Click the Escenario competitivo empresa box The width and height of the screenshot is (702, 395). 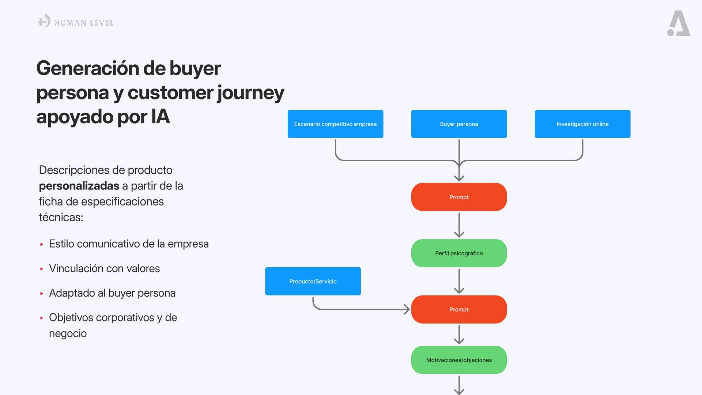click(335, 124)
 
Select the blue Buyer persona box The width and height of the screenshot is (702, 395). click(459, 124)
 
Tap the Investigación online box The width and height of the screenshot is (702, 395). click(582, 124)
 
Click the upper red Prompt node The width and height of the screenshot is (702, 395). click(459, 197)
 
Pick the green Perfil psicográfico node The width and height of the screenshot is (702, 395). click(459, 253)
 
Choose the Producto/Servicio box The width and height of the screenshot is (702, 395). click(313, 281)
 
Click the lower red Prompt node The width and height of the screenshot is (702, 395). click(459, 309)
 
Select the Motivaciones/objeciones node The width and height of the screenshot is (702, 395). click(459, 360)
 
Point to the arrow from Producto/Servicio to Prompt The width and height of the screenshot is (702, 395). click(362, 309)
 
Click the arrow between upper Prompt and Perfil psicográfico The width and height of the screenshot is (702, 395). click(459, 225)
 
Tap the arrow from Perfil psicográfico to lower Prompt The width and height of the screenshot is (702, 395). click(459, 281)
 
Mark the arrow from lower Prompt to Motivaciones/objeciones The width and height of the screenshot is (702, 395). click(459, 335)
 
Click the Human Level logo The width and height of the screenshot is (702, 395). click(76, 22)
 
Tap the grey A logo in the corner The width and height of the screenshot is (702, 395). click(679, 24)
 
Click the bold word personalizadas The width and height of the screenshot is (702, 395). click(79, 186)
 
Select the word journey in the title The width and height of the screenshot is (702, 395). click(250, 93)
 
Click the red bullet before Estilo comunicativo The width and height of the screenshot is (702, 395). click(42, 244)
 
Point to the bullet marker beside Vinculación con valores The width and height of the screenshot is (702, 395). click(42, 269)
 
